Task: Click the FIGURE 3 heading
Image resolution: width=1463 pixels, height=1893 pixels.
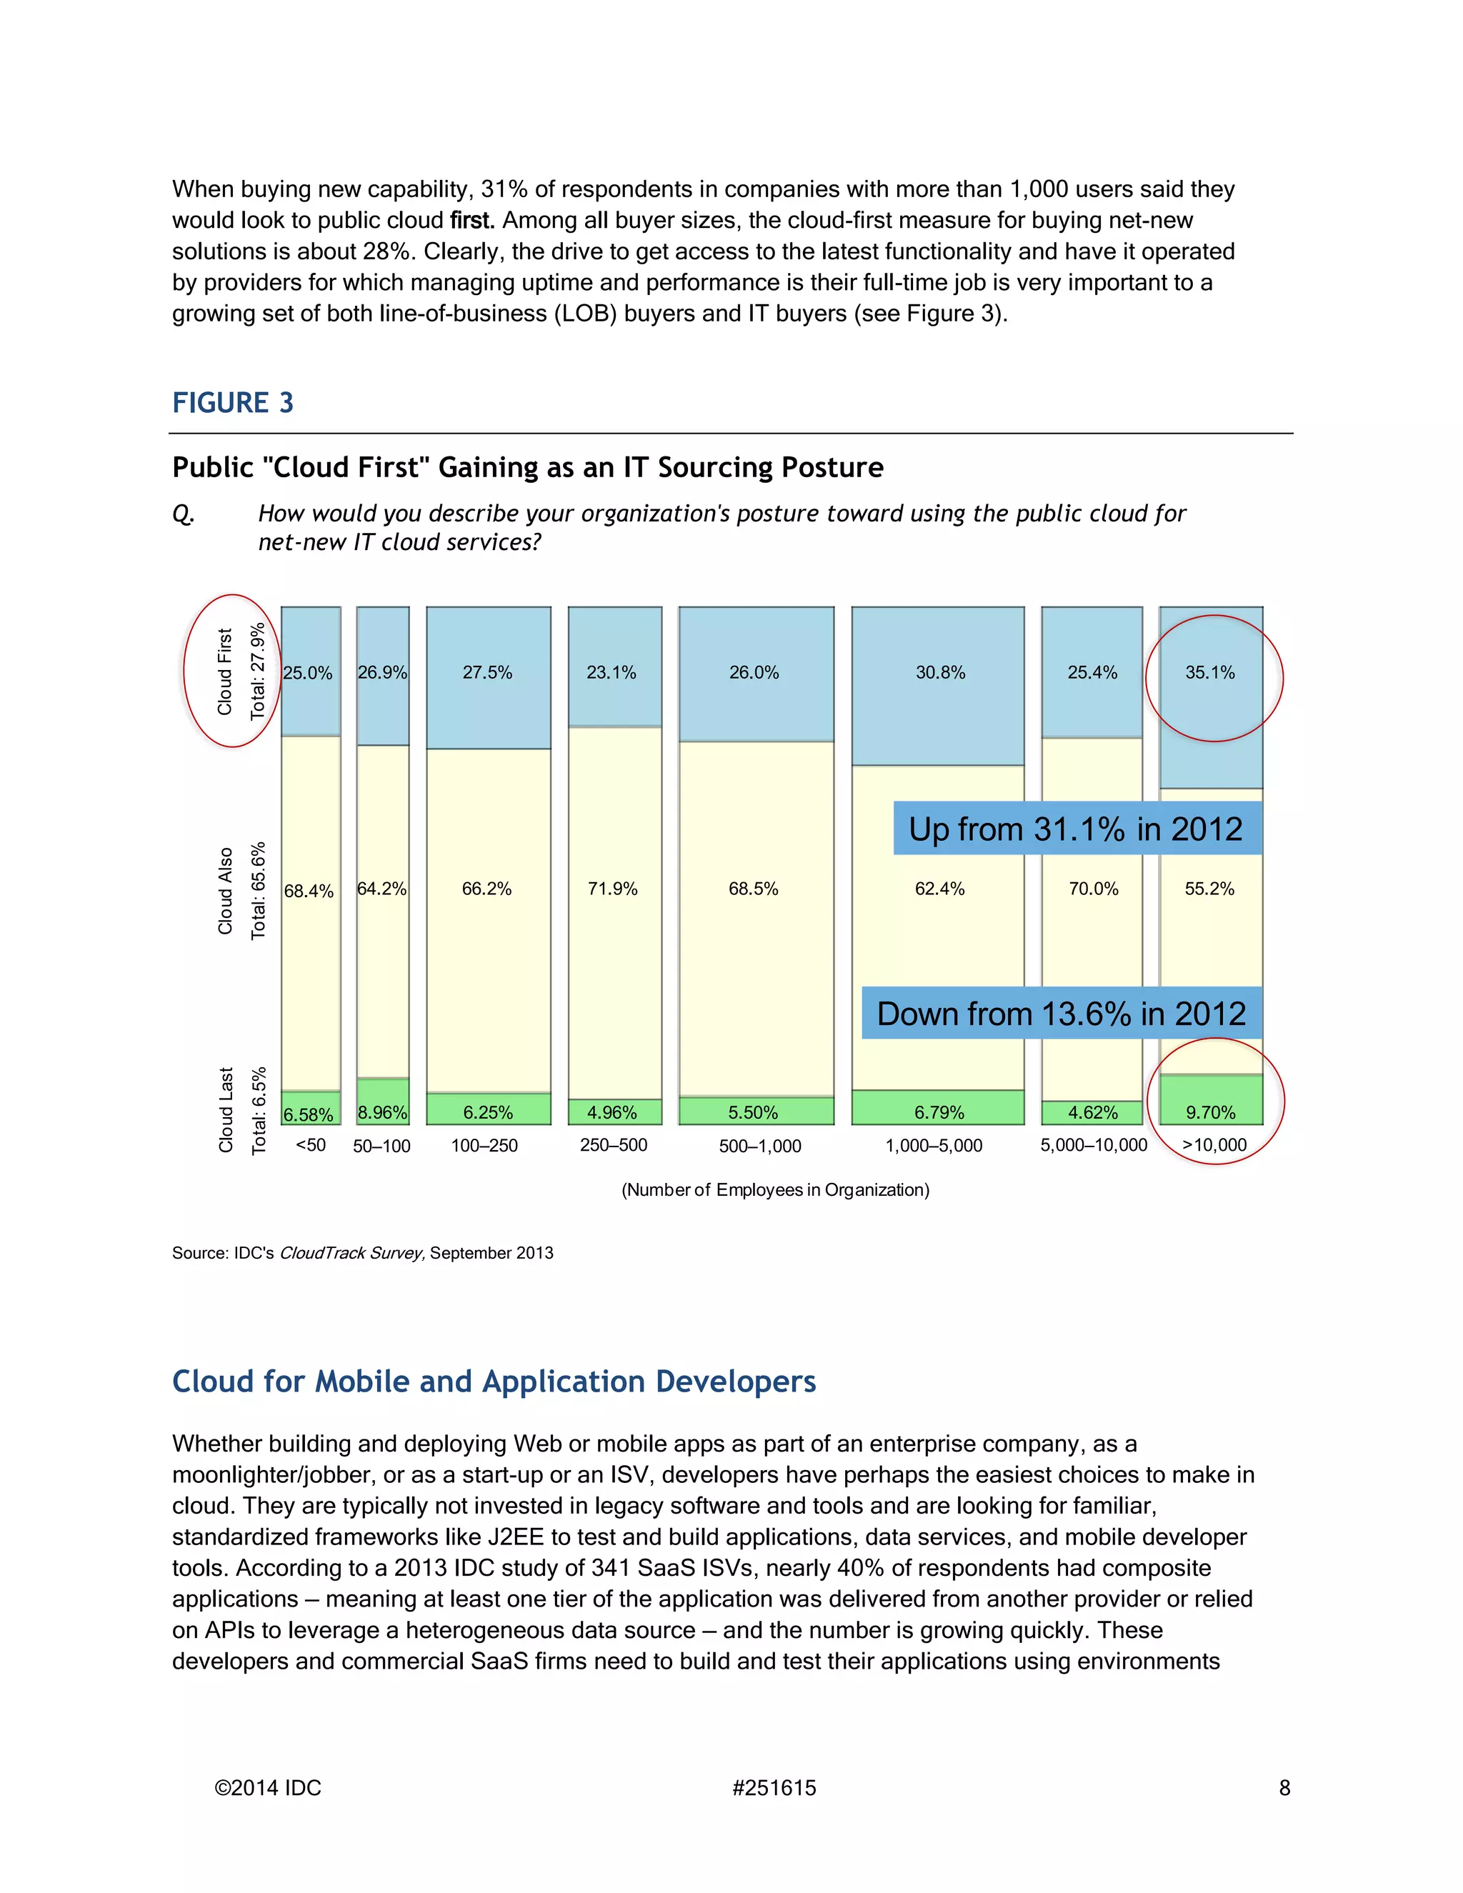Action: [x=232, y=403]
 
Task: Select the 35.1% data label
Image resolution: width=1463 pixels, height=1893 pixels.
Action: [x=1210, y=673]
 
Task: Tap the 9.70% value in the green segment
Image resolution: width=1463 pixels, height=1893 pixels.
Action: [x=1211, y=1112]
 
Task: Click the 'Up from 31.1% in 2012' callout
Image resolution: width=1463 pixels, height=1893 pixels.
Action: [x=1076, y=829]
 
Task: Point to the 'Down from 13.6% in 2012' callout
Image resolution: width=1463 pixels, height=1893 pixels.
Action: [x=1061, y=1013]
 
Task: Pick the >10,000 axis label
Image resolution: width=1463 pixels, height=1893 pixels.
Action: [x=1214, y=1145]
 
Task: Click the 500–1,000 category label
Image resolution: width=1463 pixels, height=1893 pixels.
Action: [x=760, y=1146]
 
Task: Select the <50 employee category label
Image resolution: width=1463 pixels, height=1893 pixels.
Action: [x=310, y=1145]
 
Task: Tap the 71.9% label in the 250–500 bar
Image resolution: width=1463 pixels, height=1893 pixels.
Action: [x=613, y=889]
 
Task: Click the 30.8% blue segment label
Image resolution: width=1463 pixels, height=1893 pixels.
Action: [x=940, y=673]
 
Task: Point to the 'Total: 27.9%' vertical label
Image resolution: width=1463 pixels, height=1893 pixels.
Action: [x=257, y=671]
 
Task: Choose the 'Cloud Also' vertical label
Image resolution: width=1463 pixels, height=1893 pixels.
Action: [x=225, y=890]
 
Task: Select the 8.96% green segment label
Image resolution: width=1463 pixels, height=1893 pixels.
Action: [x=382, y=1112]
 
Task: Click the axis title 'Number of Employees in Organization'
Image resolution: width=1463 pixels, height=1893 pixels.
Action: [x=775, y=1190]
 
